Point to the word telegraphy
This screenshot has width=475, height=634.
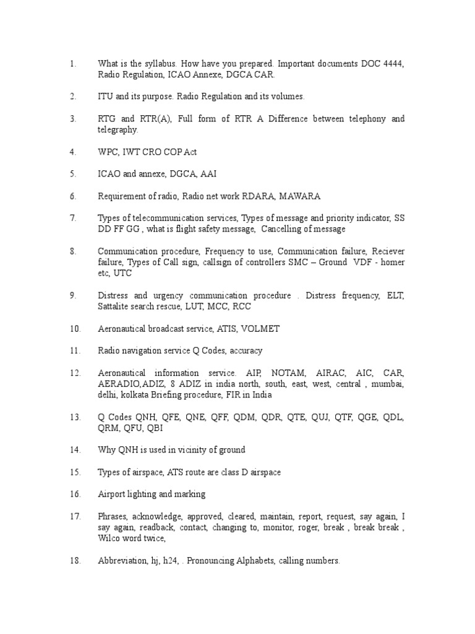click(x=117, y=130)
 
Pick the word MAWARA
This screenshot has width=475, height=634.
click(x=299, y=196)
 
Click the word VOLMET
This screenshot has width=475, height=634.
click(x=260, y=329)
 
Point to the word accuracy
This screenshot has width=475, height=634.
click(x=246, y=350)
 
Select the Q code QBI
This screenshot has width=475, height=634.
click(x=155, y=428)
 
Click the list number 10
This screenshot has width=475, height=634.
click(x=75, y=329)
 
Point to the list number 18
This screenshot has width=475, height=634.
click(x=75, y=561)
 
